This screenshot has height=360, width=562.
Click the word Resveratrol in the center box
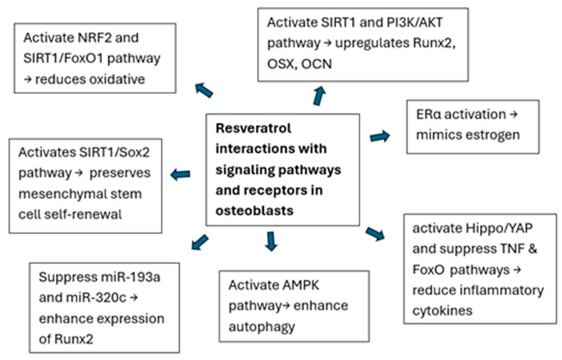tap(253, 128)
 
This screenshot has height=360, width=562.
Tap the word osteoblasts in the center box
tap(254, 211)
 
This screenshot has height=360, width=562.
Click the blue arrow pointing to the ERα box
tap(380, 137)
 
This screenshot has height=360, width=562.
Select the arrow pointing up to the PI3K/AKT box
tap(319, 96)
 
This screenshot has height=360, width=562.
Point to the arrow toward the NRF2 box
tap(204, 91)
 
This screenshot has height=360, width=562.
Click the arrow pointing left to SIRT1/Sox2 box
tap(180, 175)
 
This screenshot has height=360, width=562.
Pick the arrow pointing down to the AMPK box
tap(271, 241)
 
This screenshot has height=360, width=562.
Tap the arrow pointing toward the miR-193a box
tap(200, 242)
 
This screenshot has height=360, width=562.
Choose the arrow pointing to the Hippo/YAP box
tap(375, 234)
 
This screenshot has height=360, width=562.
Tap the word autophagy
tap(262, 327)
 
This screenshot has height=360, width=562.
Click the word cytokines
tap(442, 311)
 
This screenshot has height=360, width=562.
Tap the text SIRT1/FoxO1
tap(64, 59)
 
